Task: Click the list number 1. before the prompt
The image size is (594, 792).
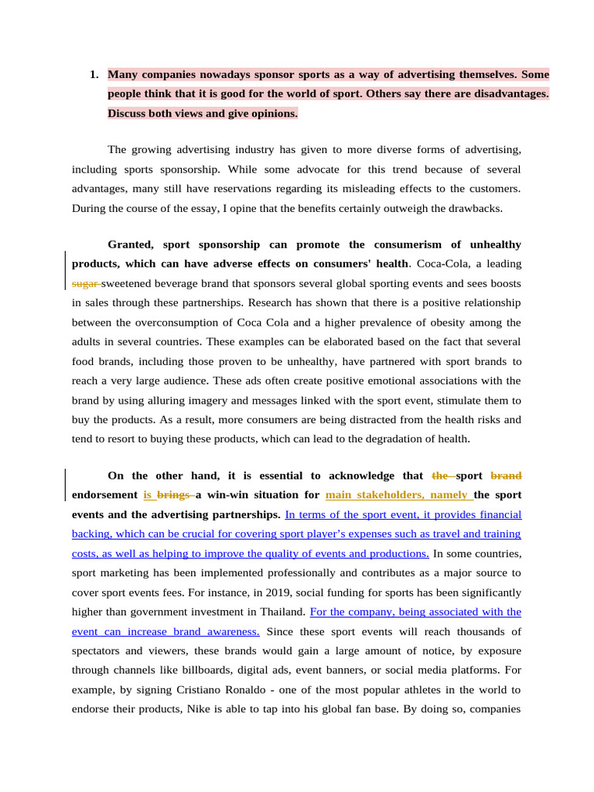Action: [x=94, y=75]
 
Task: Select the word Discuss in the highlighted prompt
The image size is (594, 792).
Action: [x=126, y=114]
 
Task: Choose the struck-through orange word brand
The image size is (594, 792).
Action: [x=507, y=476]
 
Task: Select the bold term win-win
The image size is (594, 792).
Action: [x=235, y=495]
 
